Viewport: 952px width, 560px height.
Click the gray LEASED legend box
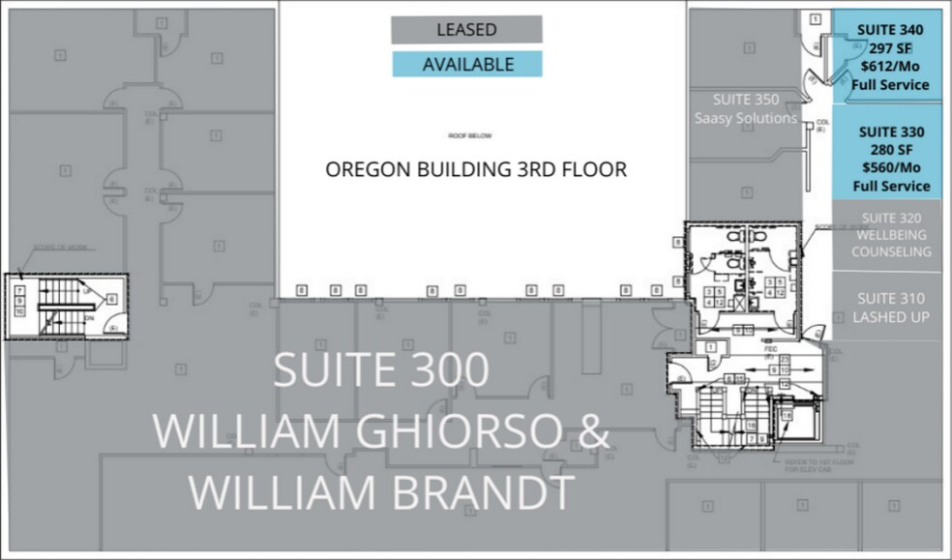pos(466,29)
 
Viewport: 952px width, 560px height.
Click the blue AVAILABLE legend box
pos(466,65)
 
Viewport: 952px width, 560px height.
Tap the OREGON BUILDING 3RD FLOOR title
pos(475,169)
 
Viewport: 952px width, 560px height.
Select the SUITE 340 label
pos(890,30)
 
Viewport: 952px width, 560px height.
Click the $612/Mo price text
pos(890,67)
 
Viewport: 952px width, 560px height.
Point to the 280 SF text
pos(890,149)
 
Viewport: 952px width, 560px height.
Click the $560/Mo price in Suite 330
pos(890,167)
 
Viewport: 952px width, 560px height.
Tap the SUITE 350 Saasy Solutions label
pos(745,108)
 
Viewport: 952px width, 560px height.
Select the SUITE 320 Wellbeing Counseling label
pos(891,235)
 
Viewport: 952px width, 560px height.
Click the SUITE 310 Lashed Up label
pos(890,308)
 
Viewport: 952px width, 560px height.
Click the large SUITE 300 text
pos(381,371)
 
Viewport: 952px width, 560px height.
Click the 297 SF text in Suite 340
pos(890,48)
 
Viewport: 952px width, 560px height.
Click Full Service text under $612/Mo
pos(890,85)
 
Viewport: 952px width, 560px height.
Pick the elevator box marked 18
pos(786,417)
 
